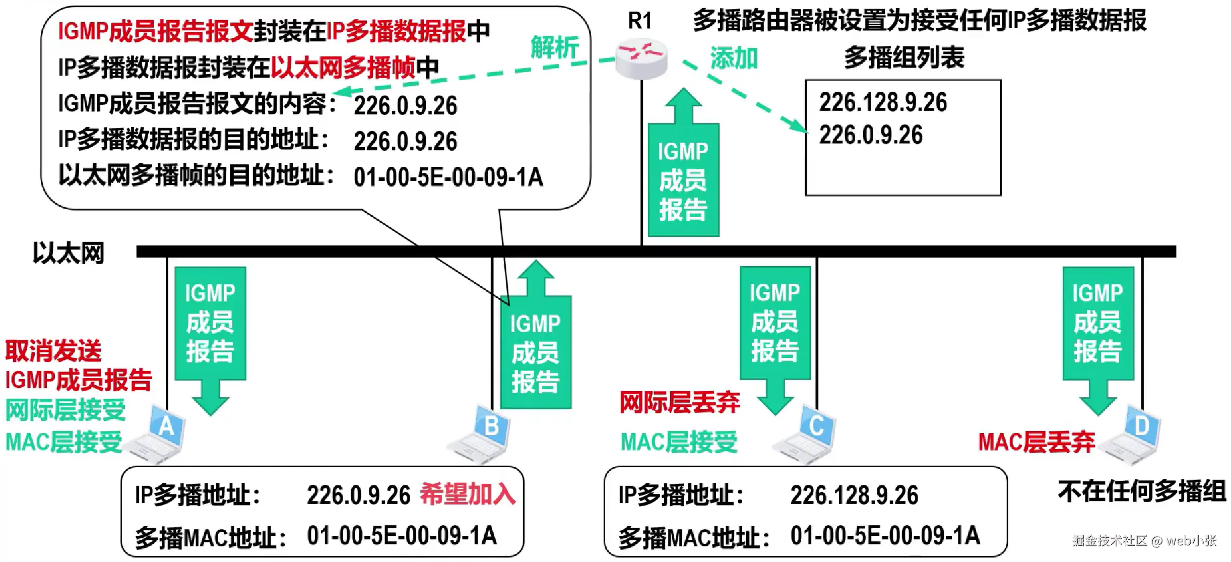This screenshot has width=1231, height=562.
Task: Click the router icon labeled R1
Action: tap(641, 59)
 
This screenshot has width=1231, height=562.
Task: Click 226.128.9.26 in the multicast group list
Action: tap(883, 102)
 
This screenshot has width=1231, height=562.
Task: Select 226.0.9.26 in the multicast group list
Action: tap(871, 135)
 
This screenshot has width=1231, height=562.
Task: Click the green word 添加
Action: tap(734, 58)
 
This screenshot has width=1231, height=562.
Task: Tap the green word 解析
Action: tap(554, 48)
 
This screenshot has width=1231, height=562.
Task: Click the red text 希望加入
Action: tap(468, 494)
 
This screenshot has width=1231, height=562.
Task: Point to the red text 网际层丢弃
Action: tap(679, 402)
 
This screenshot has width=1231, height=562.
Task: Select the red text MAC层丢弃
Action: tap(1036, 442)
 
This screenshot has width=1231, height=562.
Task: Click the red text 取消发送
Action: tap(53, 351)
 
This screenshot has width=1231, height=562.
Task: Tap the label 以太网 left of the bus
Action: tap(69, 253)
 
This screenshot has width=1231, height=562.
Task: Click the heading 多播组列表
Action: tap(904, 57)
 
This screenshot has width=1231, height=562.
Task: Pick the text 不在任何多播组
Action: tap(1142, 491)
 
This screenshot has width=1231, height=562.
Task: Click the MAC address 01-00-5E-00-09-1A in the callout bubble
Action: tap(448, 177)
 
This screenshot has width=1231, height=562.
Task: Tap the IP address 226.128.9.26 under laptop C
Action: tap(854, 495)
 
